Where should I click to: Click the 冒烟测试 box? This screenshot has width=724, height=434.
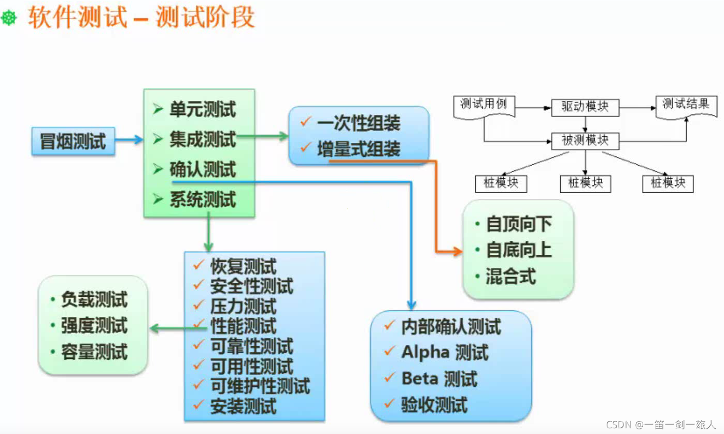coord(73,140)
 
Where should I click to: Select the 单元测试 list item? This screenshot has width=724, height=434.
coord(202,110)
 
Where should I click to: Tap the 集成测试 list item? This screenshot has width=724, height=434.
coord(202,139)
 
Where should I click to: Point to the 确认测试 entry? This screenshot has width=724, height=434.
coord(202,169)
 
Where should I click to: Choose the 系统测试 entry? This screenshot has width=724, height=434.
coord(202,199)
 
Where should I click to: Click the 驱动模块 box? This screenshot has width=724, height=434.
coord(585,107)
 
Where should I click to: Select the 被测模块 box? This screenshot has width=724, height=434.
coord(585,140)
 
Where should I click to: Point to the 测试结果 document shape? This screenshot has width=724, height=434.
coord(685,106)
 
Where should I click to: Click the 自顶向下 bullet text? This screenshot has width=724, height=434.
coord(519,224)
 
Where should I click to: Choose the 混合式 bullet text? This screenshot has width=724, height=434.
coord(510,276)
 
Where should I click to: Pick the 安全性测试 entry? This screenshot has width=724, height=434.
coord(251,286)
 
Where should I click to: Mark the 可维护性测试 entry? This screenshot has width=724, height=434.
coord(260,386)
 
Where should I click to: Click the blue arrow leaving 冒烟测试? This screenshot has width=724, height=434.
coord(129,139)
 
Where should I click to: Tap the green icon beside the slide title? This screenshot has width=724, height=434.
coord(9,18)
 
